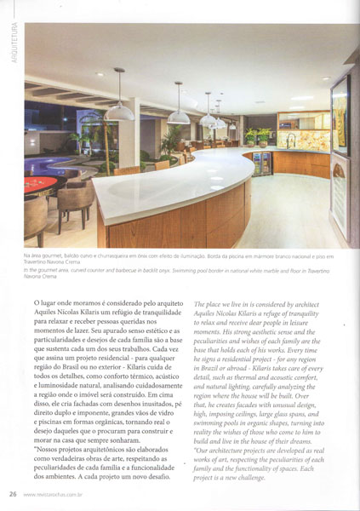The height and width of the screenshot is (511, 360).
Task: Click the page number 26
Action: click(x=14, y=493)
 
